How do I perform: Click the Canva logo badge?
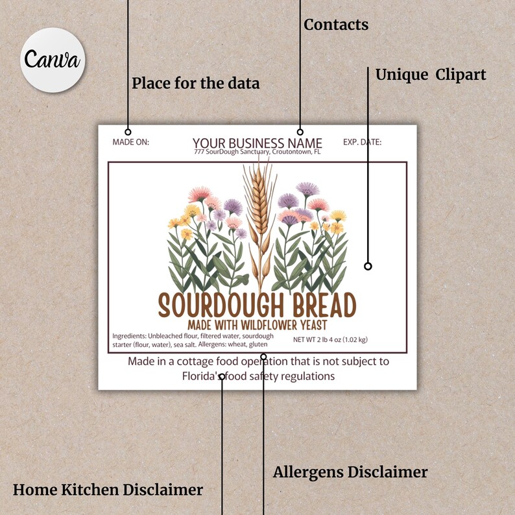point(52,60)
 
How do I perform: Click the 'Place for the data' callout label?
point(195,84)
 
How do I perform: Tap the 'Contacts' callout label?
point(336,25)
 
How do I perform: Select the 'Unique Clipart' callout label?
point(431,75)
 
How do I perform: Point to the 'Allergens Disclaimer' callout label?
point(350,472)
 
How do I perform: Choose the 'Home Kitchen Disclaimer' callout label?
point(108,490)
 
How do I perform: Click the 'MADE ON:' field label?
point(130,142)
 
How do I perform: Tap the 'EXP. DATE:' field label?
point(362,142)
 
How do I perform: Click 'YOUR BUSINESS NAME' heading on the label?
point(257,143)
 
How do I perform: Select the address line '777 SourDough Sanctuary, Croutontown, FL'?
point(257,152)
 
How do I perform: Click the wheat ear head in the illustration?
point(258,195)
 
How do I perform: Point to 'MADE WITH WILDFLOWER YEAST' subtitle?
point(257,324)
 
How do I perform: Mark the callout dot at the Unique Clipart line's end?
point(368,266)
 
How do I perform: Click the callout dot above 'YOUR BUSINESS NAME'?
point(300,132)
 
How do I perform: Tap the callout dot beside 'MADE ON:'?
point(128,132)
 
